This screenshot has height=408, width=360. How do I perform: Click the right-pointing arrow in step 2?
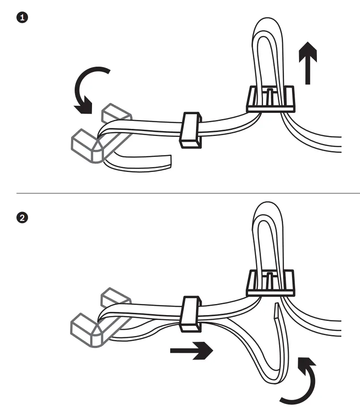191,351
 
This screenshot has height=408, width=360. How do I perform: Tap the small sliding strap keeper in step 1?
190,130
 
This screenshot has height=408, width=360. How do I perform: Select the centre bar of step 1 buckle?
270,96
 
